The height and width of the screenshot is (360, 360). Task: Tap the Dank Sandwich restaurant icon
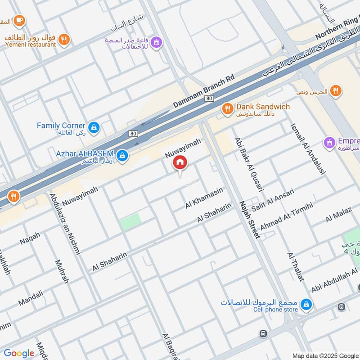point(227,108)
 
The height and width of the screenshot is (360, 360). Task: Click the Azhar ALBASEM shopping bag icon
point(121,156)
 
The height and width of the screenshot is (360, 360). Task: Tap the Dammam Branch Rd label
point(204,91)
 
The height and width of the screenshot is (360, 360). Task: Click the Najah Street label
point(250,219)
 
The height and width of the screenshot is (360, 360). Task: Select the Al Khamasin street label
point(204,198)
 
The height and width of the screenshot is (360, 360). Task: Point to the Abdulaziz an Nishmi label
point(65,224)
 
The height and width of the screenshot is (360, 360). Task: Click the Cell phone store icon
point(306,304)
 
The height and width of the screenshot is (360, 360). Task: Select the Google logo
point(19,353)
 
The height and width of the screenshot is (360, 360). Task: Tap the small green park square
point(130,221)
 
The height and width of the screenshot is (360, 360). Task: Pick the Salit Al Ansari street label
point(273,198)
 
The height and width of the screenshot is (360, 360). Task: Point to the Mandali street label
point(31,298)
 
